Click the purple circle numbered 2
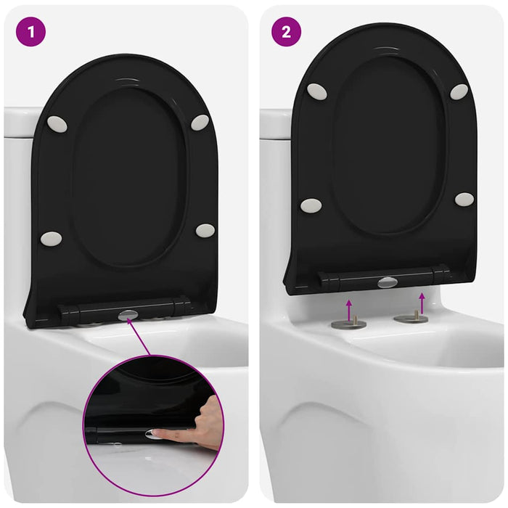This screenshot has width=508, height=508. click(x=286, y=32)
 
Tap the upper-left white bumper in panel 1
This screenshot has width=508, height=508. click(x=57, y=124)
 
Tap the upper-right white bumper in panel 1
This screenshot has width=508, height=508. click(x=200, y=123)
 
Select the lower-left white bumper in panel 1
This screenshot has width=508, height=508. click(x=51, y=238)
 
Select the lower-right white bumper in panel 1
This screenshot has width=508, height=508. click(x=205, y=231)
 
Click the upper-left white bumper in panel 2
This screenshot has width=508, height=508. click(x=317, y=91)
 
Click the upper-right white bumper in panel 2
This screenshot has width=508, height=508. click(x=459, y=91)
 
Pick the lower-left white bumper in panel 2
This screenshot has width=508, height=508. click(x=311, y=205)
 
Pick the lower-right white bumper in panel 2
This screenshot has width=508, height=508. click(x=464, y=199)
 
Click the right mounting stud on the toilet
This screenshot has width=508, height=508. click(x=411, y=316)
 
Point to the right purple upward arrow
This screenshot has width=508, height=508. click(x=422, y=302)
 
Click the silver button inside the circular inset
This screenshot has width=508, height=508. click(x=154, y=433)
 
